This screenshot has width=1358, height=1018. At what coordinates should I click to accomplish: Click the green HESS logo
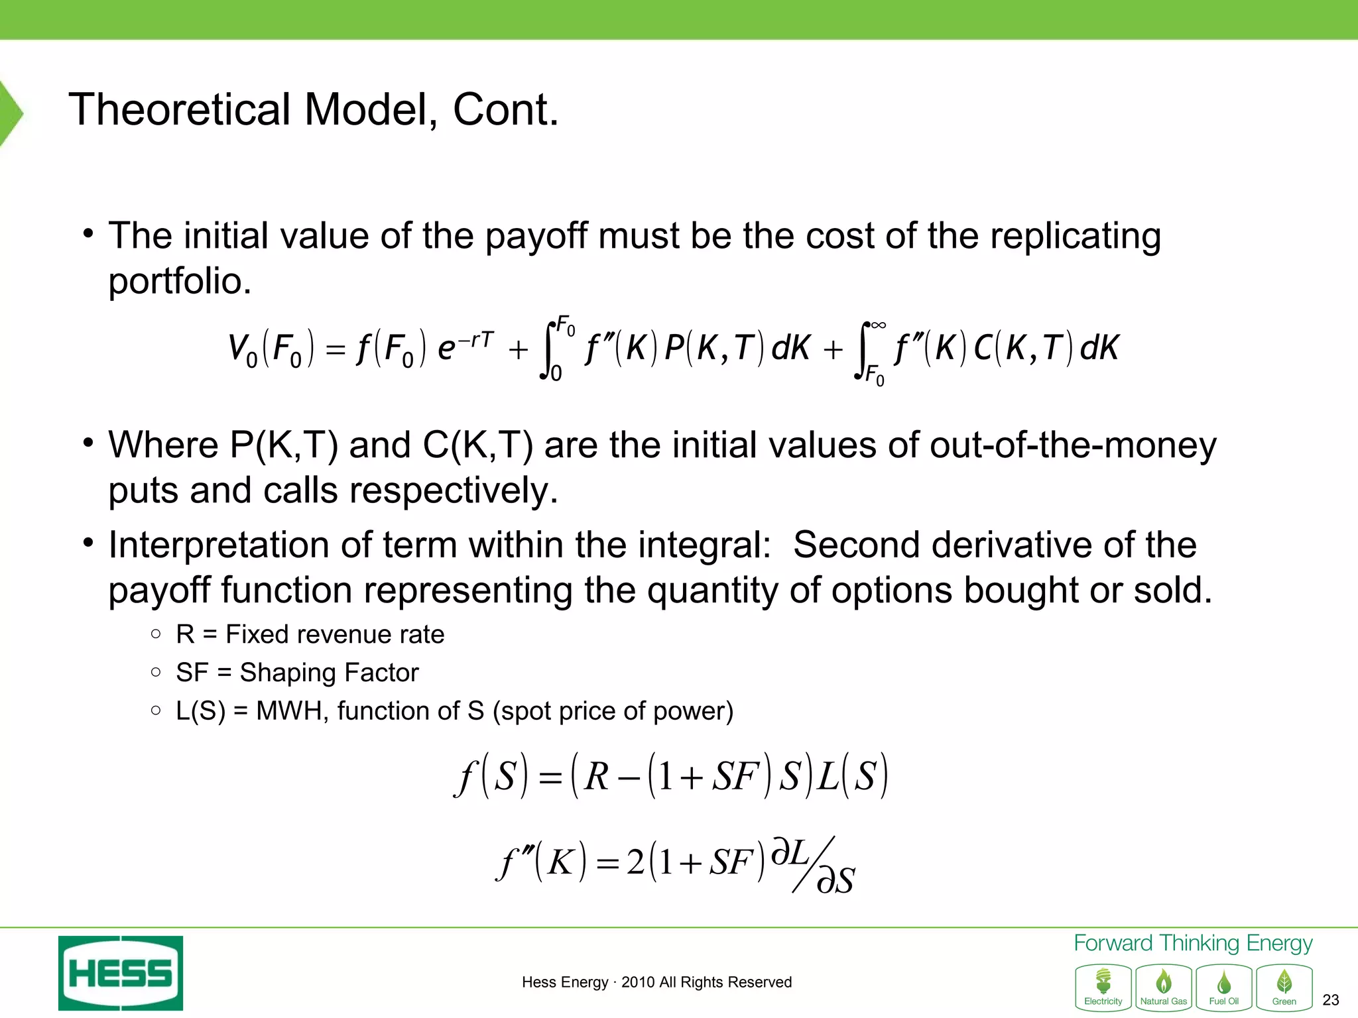(121, 972)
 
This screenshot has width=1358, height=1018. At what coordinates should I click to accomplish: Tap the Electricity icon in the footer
(1103, 987)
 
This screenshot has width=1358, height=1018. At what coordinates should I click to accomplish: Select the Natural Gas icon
(1164, 987)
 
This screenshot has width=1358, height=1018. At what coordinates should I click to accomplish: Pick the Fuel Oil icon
(1224, 987)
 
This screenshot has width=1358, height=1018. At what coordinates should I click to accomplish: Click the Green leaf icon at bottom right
(1284, 987)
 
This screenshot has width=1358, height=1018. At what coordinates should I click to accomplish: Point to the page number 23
(1330, 999)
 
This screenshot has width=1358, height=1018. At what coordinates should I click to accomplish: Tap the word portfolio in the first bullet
(179, 282)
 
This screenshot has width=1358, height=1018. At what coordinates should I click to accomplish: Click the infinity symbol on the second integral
(878, 325)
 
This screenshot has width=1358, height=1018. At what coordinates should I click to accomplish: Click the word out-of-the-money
(1073, 445)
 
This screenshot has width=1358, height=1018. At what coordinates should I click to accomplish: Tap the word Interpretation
(219, 545)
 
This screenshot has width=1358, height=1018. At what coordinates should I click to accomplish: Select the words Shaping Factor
(329, 673)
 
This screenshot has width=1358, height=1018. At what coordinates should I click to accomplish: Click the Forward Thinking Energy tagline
(1193, 942)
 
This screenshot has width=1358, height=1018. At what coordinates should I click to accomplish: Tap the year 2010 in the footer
(636, 982)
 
